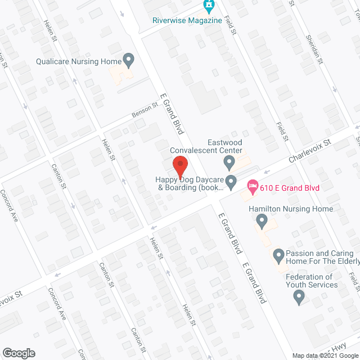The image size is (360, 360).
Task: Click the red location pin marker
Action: coord(179,168)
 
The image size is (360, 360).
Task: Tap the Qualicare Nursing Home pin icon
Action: coord(128,59)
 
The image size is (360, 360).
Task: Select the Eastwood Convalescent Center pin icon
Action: coord(228,163)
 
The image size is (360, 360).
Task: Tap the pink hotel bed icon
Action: coord(253,185)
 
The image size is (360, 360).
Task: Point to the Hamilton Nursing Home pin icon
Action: coord(262,223)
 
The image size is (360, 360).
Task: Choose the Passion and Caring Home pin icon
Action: coord(278,257)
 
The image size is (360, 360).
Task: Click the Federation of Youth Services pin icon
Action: coord(299,297)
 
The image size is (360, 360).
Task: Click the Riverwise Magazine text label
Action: coord(187,21)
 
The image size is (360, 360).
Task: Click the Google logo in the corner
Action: coord(19,353)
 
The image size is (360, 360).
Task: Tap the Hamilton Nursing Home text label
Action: coord(299,209)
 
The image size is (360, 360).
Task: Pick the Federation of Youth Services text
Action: coord(312,281)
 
